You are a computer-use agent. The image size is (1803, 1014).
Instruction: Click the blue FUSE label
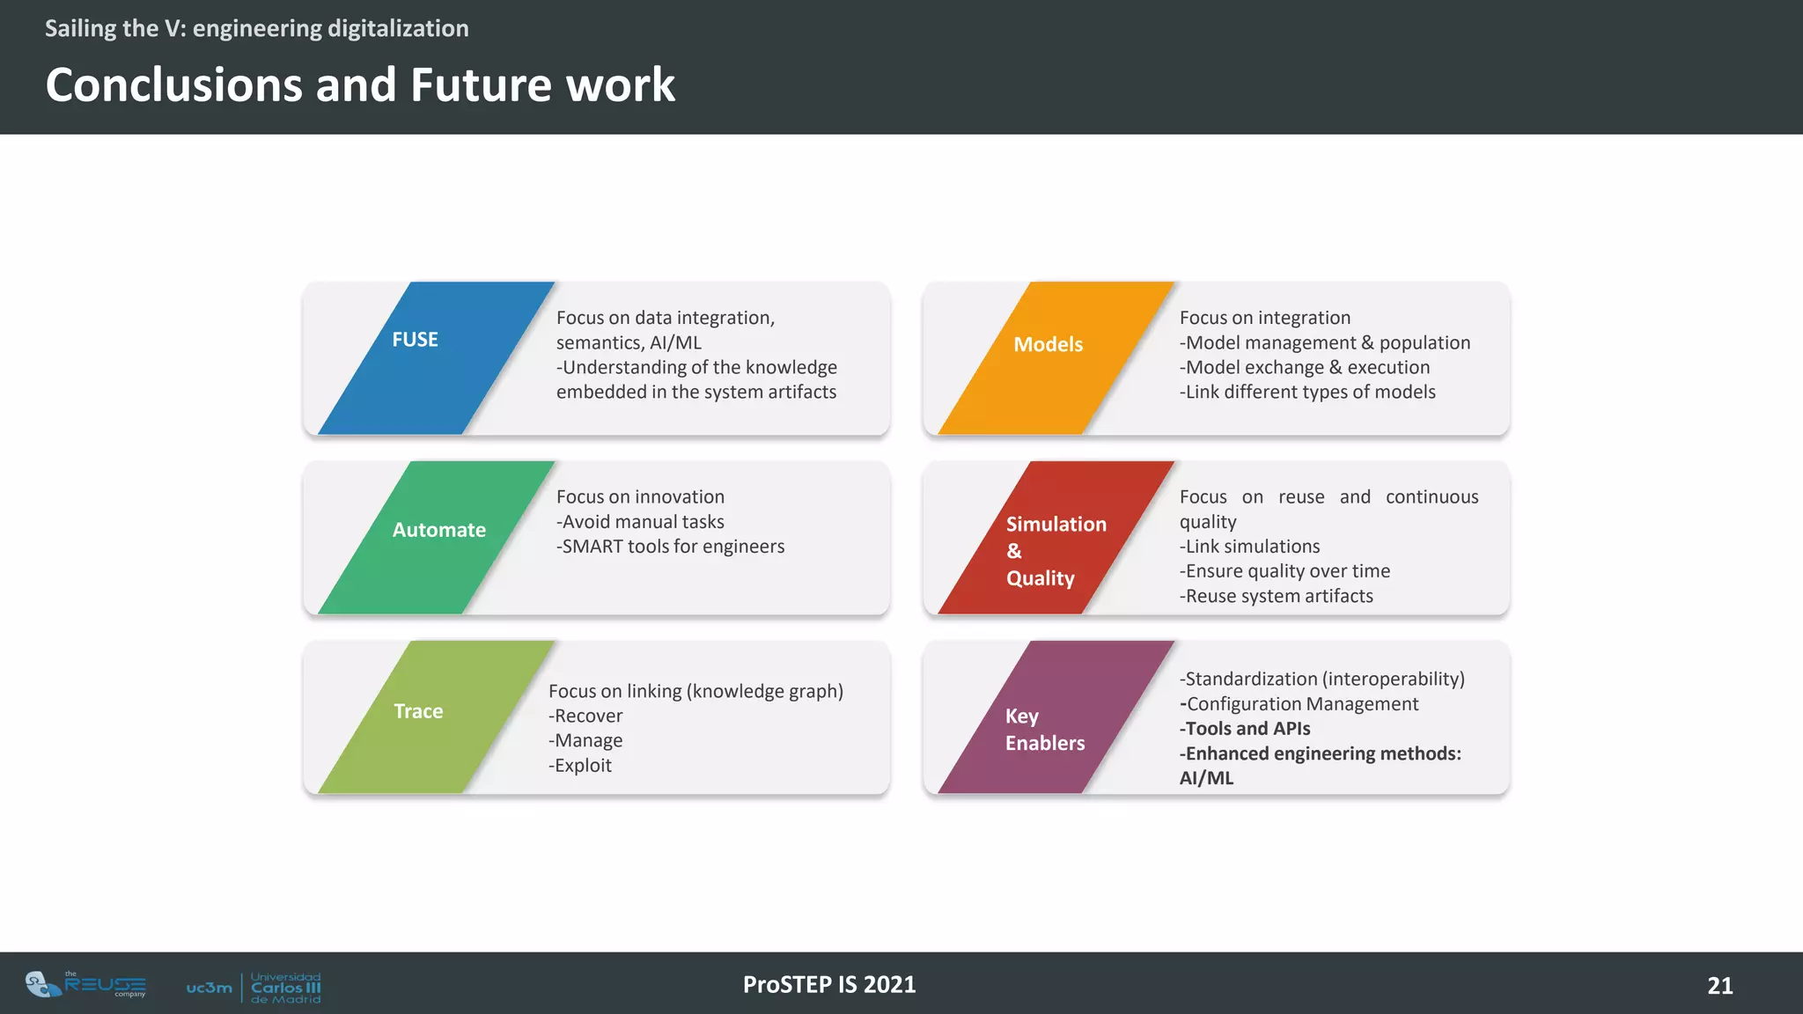[x=415, y=340]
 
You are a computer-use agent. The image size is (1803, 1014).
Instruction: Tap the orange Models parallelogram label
[x=1048, y=344]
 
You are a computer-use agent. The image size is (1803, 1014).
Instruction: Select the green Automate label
[x=438, y=530]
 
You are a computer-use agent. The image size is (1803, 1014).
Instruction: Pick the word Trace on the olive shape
[x=418, y=711]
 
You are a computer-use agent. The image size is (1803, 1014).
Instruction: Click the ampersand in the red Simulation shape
[x=1014, y=551]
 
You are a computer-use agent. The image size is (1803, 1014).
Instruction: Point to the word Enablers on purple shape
[x=1045, y=743]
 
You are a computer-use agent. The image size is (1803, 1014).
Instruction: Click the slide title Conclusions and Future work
[x=360, y=84]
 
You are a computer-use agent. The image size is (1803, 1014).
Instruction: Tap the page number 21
[x=1719, y=985]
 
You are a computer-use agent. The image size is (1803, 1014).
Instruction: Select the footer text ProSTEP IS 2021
[x=829, y=984]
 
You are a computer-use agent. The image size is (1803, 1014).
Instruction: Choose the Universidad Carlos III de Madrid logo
[x=254, y=988]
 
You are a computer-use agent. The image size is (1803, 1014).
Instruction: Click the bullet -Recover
[x=585, y=716]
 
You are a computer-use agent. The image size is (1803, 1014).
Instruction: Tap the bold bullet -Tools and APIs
[x=1245, y=728]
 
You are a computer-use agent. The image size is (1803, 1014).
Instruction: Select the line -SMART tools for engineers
[x=670, y=547]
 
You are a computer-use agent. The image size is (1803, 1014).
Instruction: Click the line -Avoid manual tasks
[x=640, y=522]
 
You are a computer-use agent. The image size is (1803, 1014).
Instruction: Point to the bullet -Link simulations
[x=1249, y=547]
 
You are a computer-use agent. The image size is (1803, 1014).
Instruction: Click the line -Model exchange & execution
[x=1305, y=367]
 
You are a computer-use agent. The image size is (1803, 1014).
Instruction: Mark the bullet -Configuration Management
[x=1299, y=703]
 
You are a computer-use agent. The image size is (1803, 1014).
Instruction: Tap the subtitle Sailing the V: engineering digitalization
[x=256, y=28]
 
